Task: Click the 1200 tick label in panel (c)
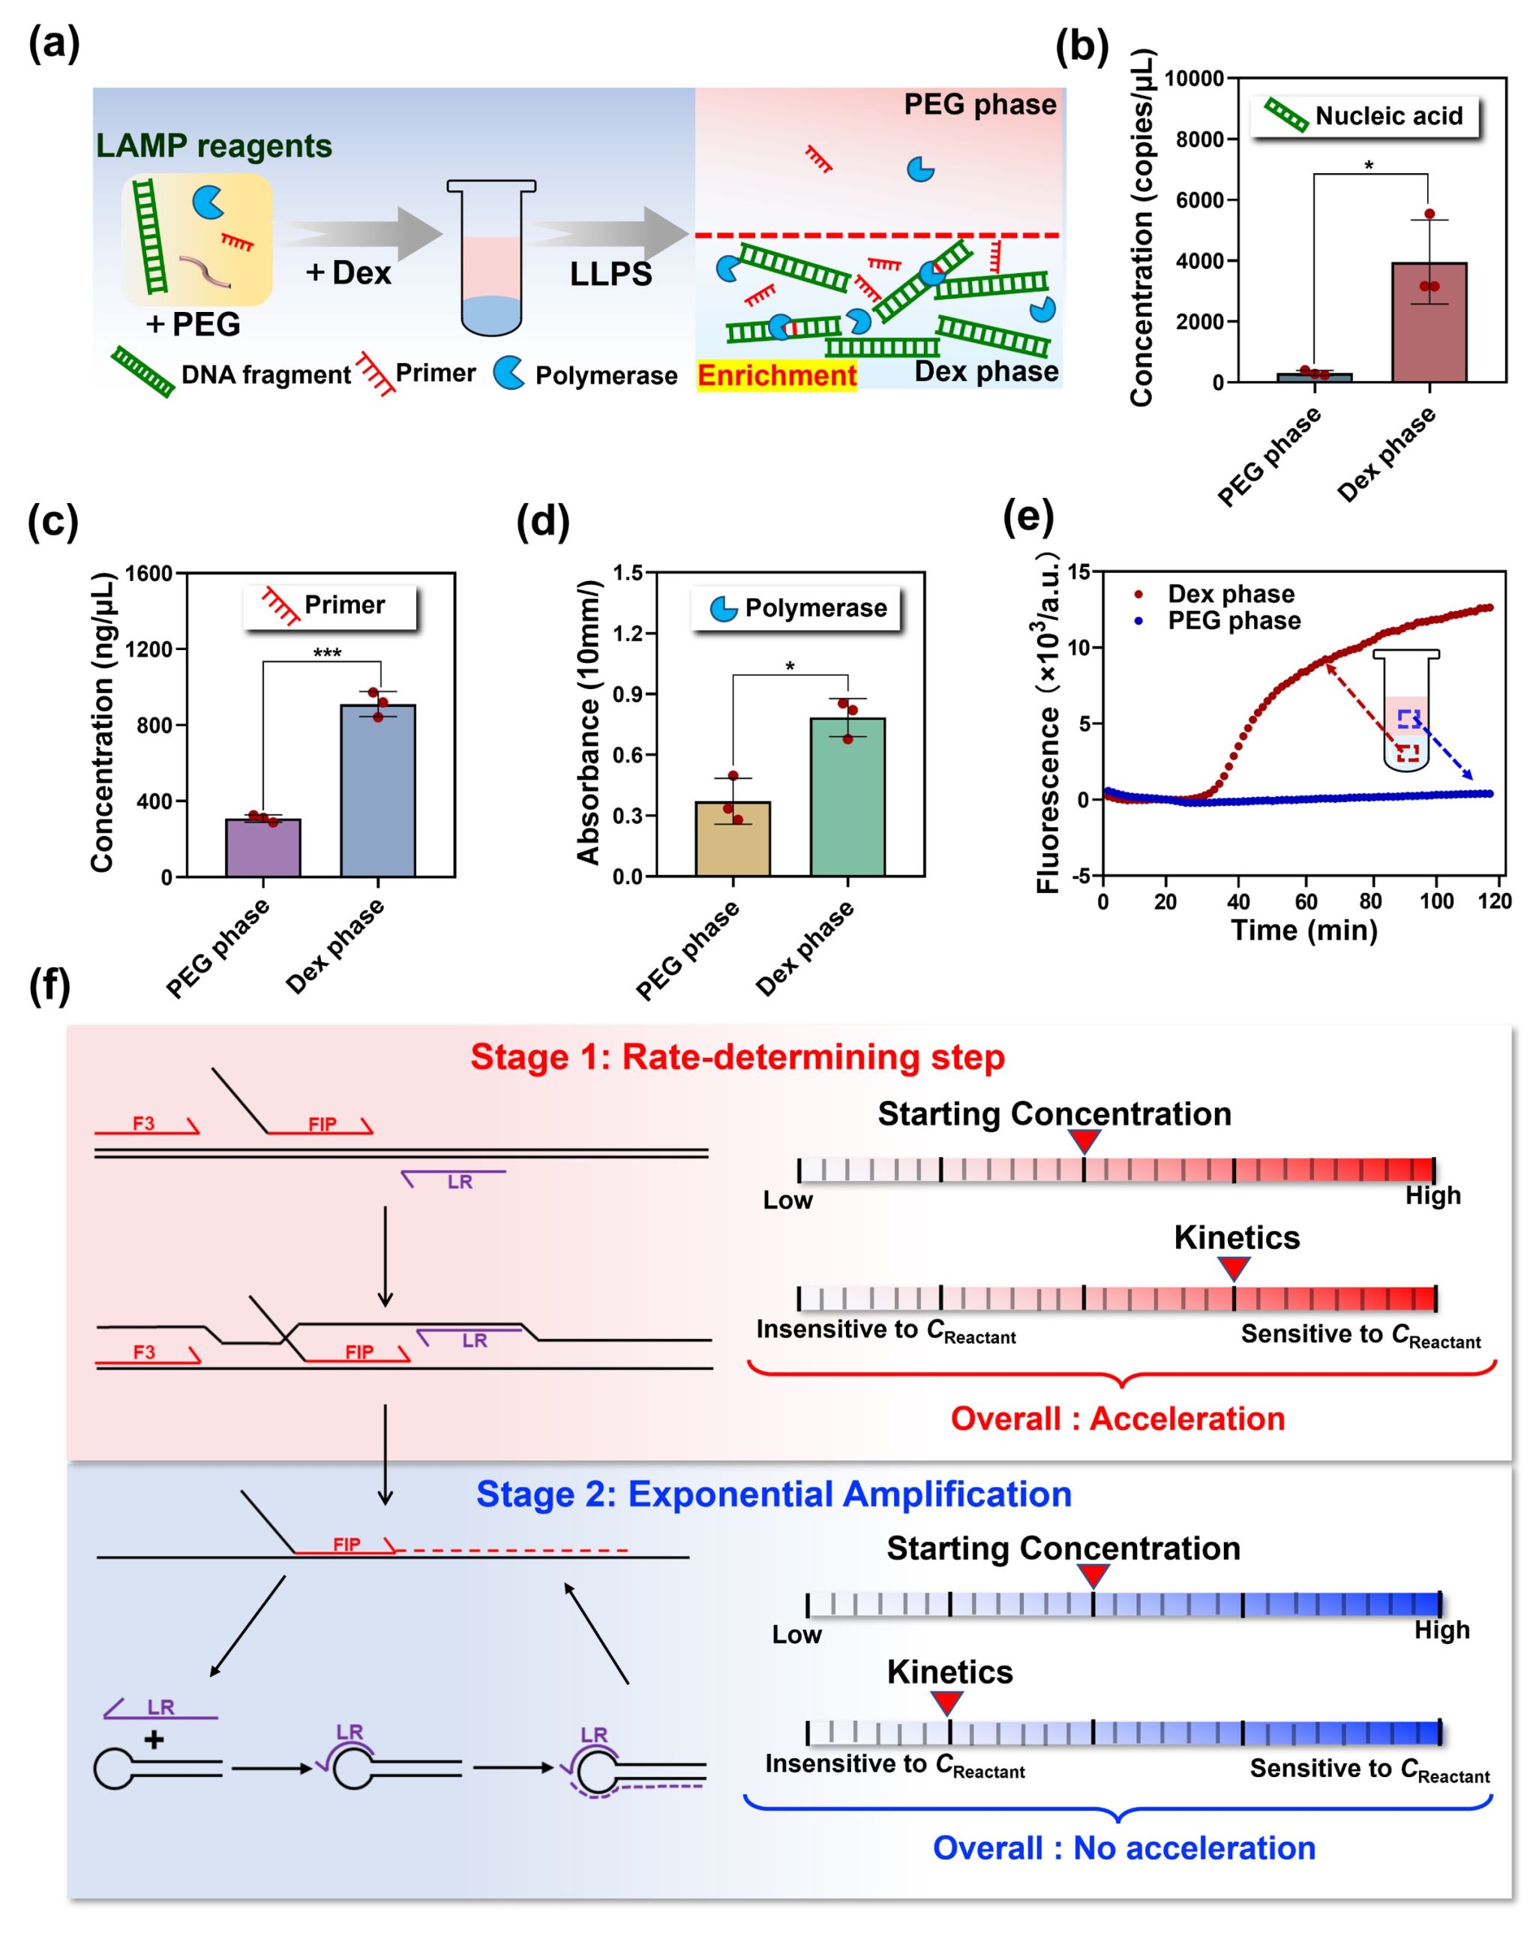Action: [148, 649]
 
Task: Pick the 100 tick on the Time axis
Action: [1436, 901]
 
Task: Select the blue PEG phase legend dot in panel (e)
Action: [1138, 620]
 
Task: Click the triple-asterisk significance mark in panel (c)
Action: [326, 652]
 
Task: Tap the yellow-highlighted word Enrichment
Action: [776, 375]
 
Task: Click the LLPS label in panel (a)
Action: [610, 274]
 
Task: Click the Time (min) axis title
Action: [1303, 930]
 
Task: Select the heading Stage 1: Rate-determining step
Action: [737, 1057]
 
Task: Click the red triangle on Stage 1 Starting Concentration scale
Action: [1084, 1140]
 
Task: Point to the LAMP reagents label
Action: [214, 145]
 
